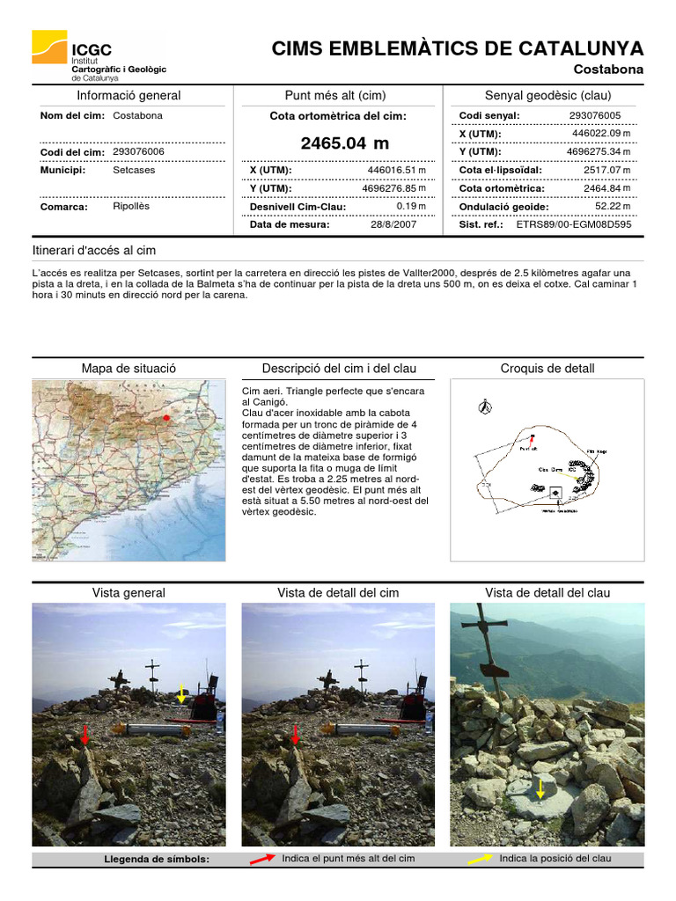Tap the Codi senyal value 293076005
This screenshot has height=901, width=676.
594,115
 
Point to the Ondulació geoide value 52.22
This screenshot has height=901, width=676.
607,207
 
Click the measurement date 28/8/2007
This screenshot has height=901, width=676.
393,224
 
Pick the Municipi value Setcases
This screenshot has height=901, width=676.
134,170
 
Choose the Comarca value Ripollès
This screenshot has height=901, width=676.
131,207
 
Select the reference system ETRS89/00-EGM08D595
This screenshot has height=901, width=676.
573,224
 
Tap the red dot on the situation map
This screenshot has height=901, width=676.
165,418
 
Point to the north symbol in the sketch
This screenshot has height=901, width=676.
482,407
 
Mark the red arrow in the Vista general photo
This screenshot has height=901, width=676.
84,735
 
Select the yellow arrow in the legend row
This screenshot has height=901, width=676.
480,860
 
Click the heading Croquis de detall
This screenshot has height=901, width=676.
547,369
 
